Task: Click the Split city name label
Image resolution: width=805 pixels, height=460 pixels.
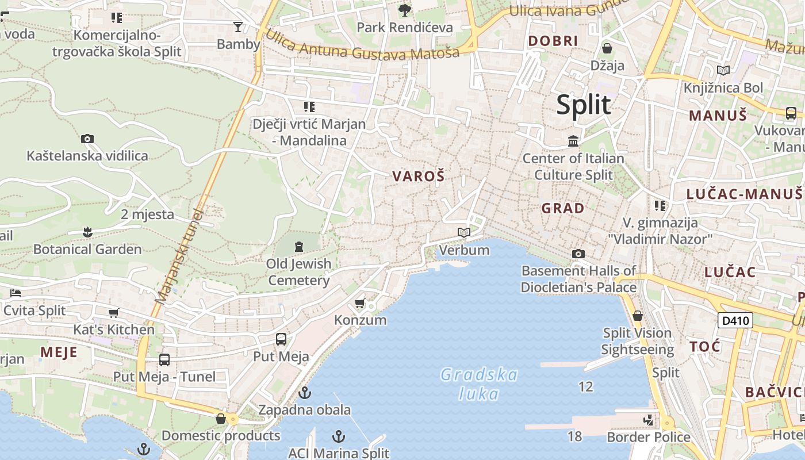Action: coord(583,105)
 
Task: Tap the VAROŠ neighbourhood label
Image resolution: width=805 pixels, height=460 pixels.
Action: coord(419,177)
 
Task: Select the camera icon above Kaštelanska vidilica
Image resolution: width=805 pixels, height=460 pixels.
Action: coord(87,139)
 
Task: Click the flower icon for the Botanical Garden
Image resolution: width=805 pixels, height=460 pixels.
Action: coord(87,232)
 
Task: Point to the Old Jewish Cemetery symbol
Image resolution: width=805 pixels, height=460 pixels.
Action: coord(298,247)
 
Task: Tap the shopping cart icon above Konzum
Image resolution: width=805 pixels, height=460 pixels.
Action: coord(360,302)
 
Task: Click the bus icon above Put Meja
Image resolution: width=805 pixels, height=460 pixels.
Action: coord(281,339)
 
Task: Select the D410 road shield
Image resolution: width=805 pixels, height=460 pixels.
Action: coord(735,320)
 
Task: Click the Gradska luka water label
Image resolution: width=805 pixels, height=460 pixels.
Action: coord(479,384)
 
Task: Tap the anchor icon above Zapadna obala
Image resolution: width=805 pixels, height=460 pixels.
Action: coord(305,393)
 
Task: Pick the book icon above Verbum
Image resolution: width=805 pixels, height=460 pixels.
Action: coord(464,233)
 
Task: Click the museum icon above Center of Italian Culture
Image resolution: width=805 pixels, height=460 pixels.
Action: coord(573,141)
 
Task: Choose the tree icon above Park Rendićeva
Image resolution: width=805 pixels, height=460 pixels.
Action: coord(405,10)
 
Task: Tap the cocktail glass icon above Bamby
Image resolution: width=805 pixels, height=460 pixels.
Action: coord(237,26)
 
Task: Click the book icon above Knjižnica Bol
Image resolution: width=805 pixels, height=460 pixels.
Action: coord(723,71)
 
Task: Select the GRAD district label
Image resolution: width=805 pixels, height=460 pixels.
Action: coord(563,208)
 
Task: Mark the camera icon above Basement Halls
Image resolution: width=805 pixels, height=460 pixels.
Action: coord(578,254)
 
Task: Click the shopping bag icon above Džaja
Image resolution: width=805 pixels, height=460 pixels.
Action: coord(607,48)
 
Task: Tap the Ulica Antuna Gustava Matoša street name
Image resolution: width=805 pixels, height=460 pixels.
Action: coord(362,46)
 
